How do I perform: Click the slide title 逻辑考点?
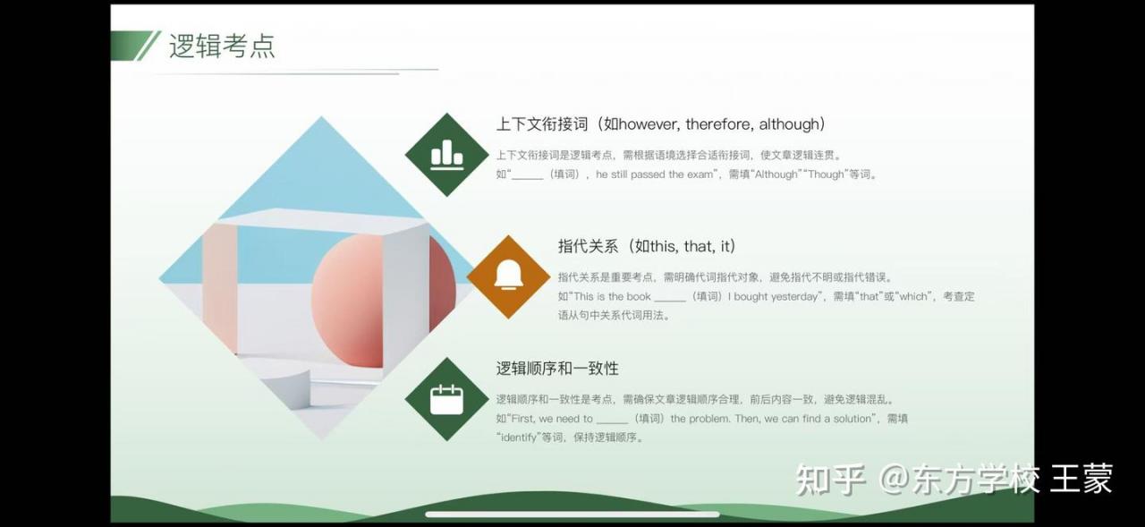pyautogui.click(x=222, y=46)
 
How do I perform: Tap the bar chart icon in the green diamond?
pyautogui.click(x=447, y=155)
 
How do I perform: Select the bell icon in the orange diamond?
pyautogui.click(x=509, y=275)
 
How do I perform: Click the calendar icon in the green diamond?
pyautogui.click(x=446, y=399)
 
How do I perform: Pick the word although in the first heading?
pyautogui.click(x=789, y=124)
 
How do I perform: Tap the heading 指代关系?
pyautogui.click(x=588, y=246)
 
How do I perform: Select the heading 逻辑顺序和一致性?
pyautogui.click(x=557, y=368)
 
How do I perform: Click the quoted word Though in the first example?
pyautogui.click(x=826, y=174)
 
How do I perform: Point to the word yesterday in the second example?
pyautogui.click(x=794, y=296)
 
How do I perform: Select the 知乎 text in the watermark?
pyautogui.click(x=830, y=480)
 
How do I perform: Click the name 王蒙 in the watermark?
pyautogui.click(x=1081, y=479)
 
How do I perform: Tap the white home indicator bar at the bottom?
pyautogui.click(x=572, y=514)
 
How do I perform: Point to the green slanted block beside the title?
pyautogui.click(x=131, y=46)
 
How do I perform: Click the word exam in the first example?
pyautogui.click(x=700, y=174)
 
